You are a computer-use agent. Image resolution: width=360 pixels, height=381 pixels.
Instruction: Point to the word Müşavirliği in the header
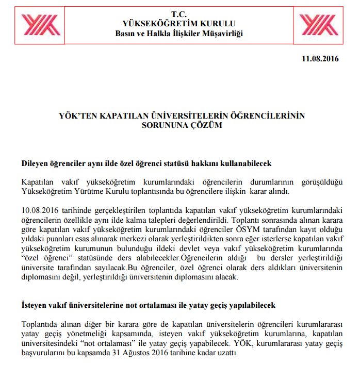click(221, 34)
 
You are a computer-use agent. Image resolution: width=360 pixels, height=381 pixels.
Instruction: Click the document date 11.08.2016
click(320, 59)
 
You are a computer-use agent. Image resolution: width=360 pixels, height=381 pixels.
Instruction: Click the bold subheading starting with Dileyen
click(146, 163)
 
